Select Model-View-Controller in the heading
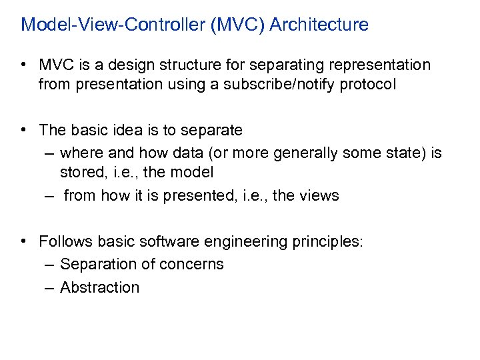[x=113, y=25]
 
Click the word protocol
[x=371, y=85]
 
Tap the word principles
[x=327, y=241]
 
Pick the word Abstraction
[x=99, y=287]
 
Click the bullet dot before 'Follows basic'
[x=23, y=241]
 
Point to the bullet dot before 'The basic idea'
[x=23, y=130]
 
